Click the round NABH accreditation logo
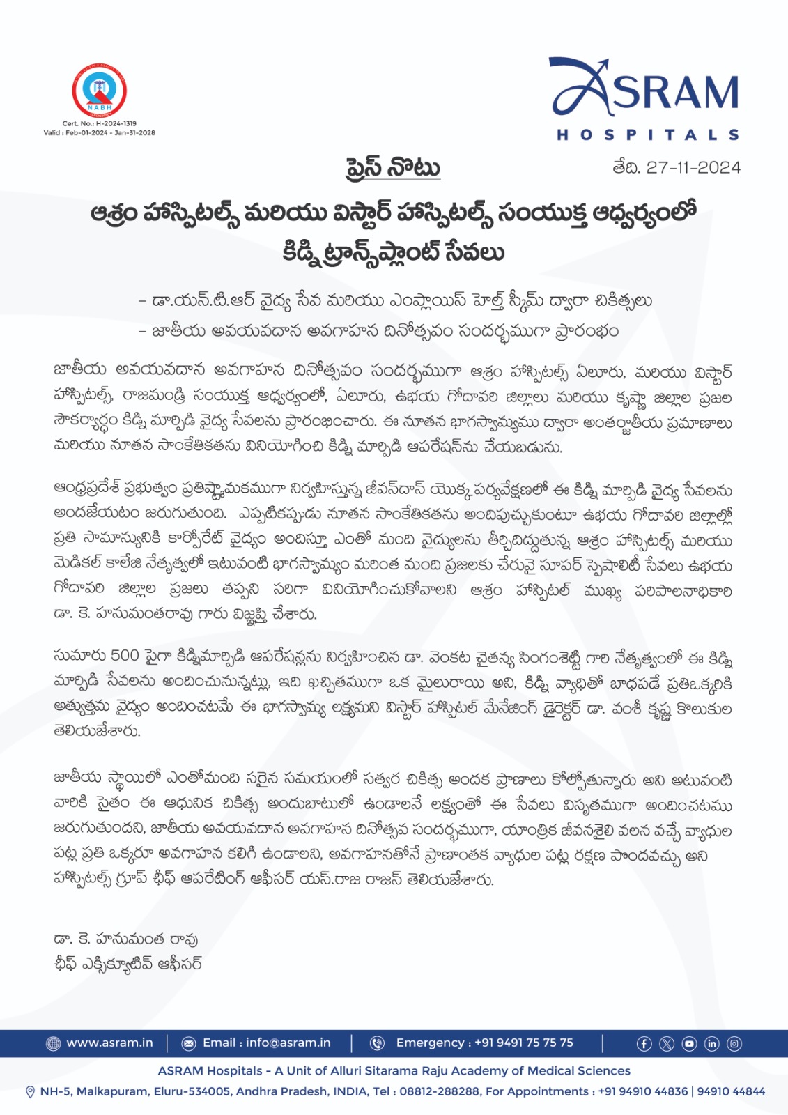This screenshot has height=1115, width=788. [99, 91]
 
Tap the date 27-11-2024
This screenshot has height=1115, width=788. [693, 167]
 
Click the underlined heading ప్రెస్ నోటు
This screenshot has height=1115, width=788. [393, 168]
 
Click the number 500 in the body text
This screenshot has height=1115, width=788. [125, 655]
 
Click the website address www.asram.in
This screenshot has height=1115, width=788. [109, 1043]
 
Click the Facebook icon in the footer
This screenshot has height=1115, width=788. [644, 1044]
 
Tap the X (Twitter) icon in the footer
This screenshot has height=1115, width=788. [667, 1044]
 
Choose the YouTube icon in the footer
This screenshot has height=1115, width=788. [689, 1044]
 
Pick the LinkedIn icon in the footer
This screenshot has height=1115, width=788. [711, 1044]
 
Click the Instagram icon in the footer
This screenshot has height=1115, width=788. [734, 1044]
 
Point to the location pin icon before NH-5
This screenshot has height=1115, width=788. [30, 1092]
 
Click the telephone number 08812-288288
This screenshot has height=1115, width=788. [424, 1091]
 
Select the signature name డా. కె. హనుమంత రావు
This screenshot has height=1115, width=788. [126, 939]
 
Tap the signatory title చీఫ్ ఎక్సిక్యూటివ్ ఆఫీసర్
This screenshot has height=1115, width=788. [128, 964]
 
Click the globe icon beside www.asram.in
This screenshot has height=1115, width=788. [53, 1043]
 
